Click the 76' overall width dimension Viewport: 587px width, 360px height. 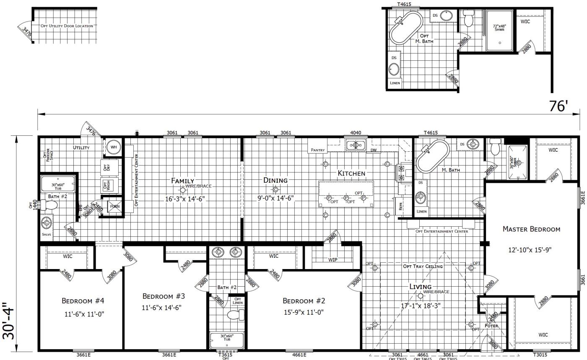coord(558,106)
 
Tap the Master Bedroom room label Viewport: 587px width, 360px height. coord(531,229)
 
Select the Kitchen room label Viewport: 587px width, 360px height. coord(351,173)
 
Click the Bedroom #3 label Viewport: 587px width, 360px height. coord(164,296)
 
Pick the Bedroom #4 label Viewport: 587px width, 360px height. coord(83,300)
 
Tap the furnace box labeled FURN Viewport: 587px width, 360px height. coord(115,207)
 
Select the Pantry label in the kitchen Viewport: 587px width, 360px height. coord(317,150)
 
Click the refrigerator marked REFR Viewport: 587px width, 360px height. coord(400,206)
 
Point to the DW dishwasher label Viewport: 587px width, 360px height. coord(373,150)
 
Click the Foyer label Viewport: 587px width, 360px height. coord(491,326)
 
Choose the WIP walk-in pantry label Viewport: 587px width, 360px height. coord(332,260)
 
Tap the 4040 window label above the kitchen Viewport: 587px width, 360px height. coord(355,133)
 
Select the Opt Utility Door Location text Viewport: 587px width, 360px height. coord(67,26)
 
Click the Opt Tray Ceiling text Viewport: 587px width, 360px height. coord(423,266)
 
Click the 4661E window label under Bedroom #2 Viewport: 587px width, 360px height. coord(299,355)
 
